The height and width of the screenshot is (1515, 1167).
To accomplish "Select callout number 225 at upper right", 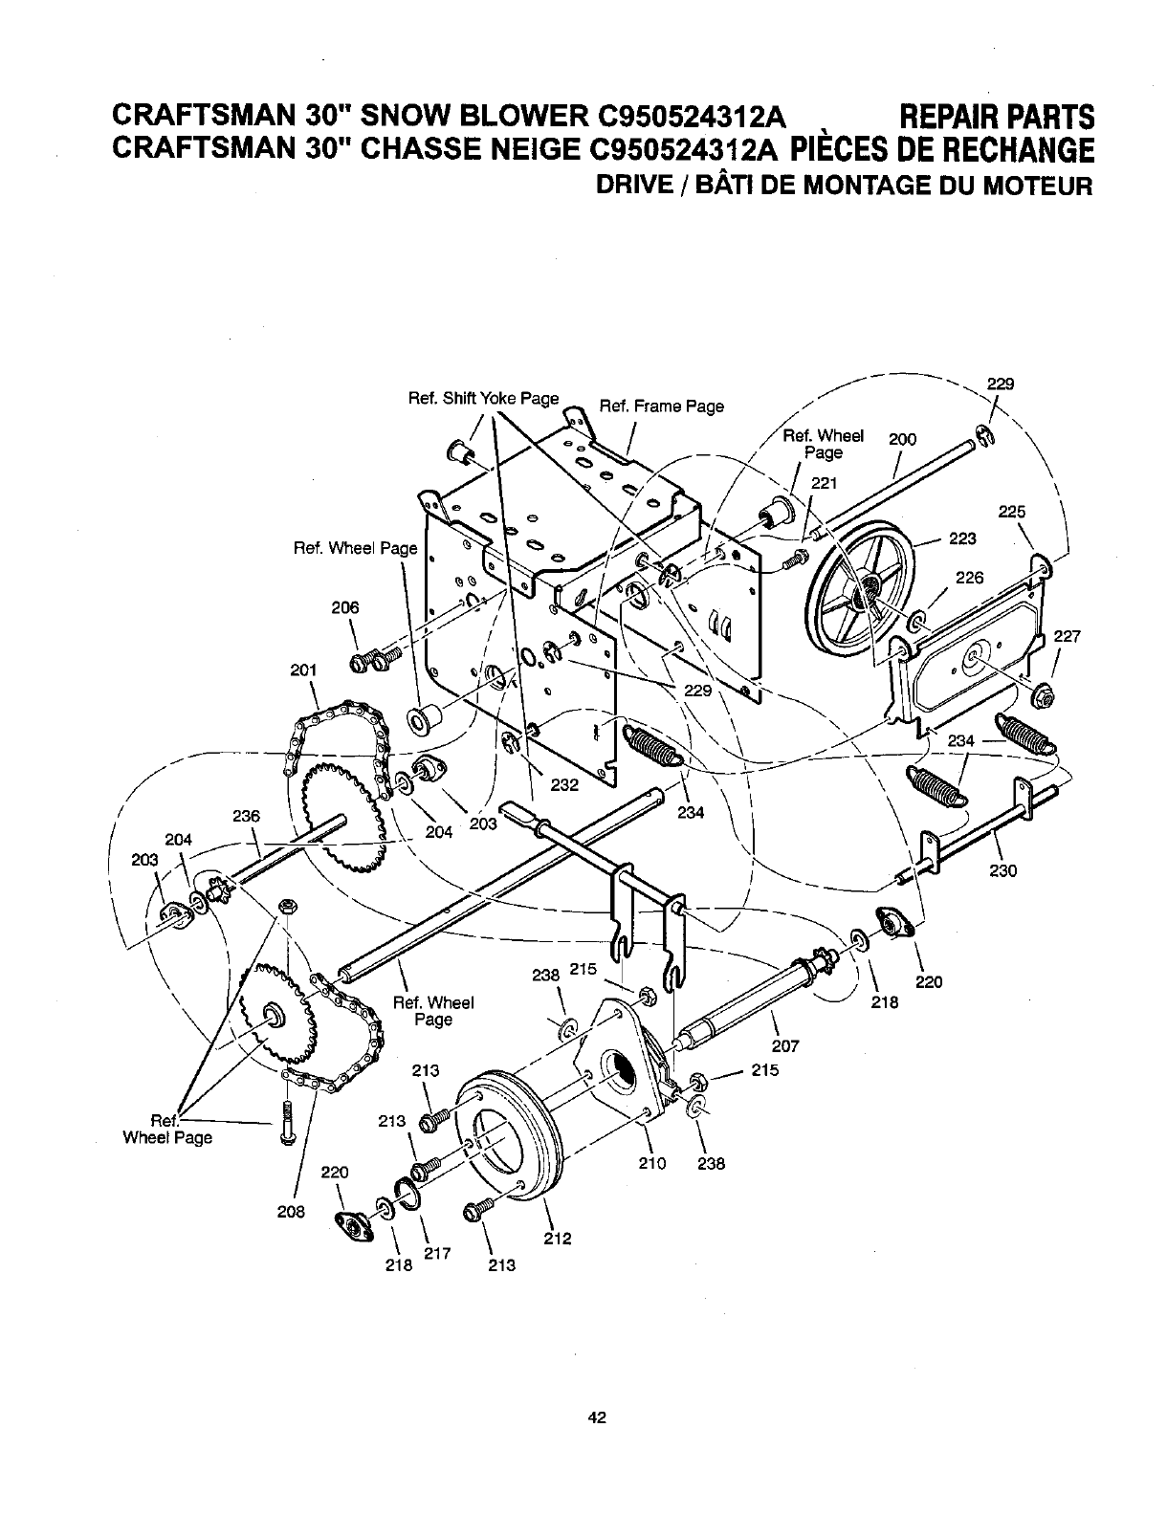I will pyautogui.click(x=1011, y=512).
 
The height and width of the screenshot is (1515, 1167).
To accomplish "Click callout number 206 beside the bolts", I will pyautogui.click(x=346, y=607).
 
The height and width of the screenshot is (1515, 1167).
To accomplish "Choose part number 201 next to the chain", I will pyautogui.click(x=302, y=670).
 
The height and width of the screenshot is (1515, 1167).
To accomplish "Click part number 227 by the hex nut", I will pyautogui.click(x=1067, y=636).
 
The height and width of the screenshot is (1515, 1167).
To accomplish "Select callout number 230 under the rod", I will pyautogui.click(x=1001, y=870).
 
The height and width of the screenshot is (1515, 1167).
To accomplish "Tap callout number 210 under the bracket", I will pyautogui.click(x=650, y=1164).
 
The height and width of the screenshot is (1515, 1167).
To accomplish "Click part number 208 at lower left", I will pyautogui.click(x=291, y=1212).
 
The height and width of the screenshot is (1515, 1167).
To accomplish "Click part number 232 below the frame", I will pyautogui.click(x=566, y=785).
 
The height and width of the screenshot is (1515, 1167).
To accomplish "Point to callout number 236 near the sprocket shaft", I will pyautogui.click(x=247, y=816).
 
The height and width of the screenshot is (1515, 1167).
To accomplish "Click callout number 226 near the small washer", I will pyautogui.click(x=969, y=578).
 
